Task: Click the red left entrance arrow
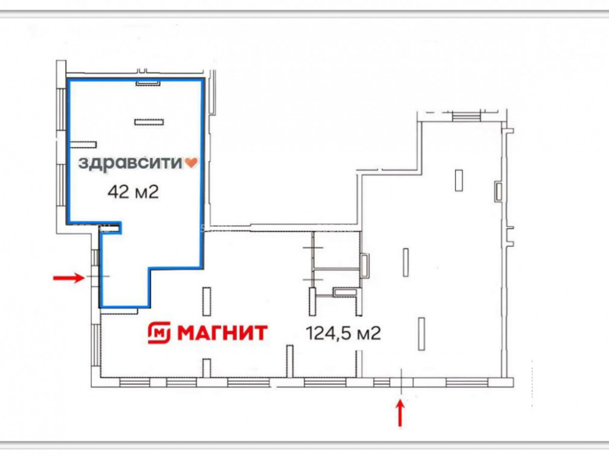(x=69, y=277)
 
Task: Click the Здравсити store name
(x=130, y=163)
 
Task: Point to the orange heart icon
(x=191, y=163)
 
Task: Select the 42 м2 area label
(x=133, y=191)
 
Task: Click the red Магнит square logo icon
(x=159, y=333)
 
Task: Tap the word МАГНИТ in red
(x=222, y=333)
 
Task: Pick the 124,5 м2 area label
(x=343, y=333)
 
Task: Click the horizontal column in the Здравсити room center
(x=149, y=122)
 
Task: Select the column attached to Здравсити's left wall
(x=83, y=144)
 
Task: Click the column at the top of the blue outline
(x=149, y=83)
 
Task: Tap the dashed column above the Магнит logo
(x=207, y=301)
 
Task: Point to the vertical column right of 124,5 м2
(x=421, y=334)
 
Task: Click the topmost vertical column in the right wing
(x=459, y=180)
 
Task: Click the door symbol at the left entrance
(x=98, y=276)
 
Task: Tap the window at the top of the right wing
(x=466, y=116)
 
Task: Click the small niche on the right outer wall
(x=499, y=191)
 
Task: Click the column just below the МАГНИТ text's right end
(x=290, y=361)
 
